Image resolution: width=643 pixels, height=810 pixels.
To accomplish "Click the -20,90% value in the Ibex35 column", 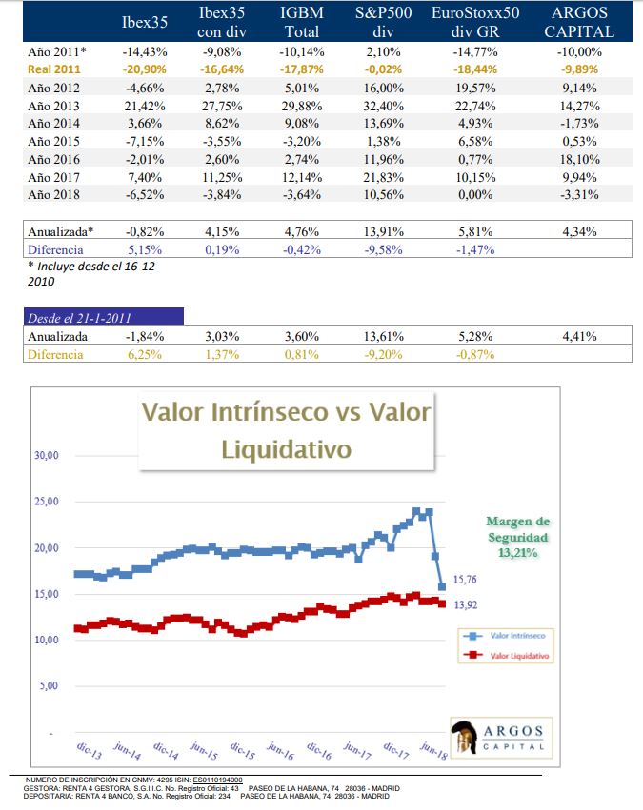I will [146, 69].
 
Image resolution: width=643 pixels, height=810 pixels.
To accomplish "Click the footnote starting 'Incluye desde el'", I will [93, 272].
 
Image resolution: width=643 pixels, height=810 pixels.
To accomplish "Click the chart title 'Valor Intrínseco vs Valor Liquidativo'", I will [286, 429].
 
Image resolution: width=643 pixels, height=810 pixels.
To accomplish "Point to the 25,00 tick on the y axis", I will [46, 502].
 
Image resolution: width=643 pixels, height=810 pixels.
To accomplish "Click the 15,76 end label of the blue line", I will [465, 579].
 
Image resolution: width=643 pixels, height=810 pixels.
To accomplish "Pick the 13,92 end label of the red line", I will [465, 603].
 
